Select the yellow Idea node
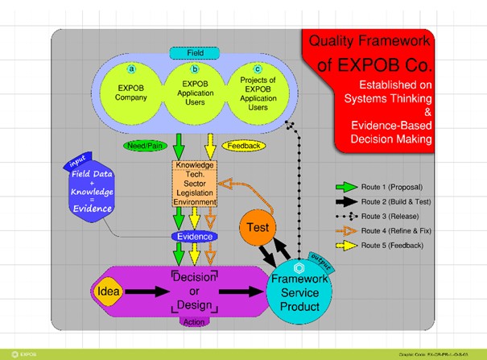109,288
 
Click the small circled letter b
193,71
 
